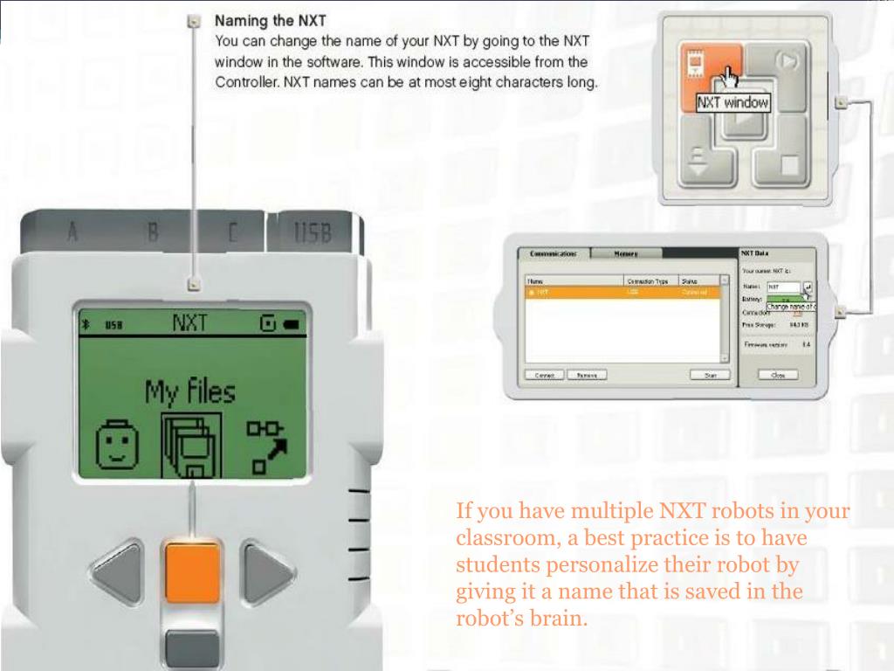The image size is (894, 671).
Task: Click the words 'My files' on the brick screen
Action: [x=189, y=392]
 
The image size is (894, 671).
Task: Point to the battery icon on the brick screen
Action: [x=290, y=325]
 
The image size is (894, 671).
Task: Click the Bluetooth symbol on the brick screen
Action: [x=86, y=325]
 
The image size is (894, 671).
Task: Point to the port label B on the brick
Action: [x=152, y=232]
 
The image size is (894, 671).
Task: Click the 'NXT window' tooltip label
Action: [x=732, y=104]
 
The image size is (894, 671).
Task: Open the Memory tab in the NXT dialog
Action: [x=625, y=253]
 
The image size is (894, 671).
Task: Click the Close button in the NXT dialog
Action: [x=778, y=375]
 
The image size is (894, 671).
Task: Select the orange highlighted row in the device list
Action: [x=622, y=293]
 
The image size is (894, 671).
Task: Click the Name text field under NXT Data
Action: [x=784, y=287]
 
